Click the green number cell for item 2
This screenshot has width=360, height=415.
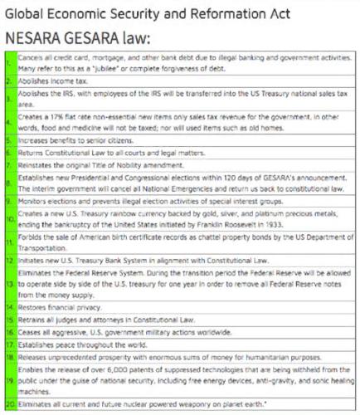point(8,82)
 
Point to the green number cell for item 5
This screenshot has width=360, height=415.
point(8,144)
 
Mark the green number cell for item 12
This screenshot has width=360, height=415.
point(8,263)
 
